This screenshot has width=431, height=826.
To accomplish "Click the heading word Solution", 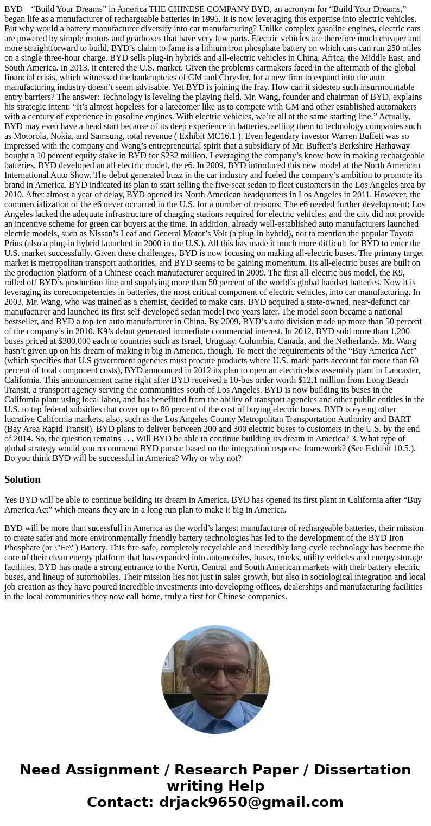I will point(22,479).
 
